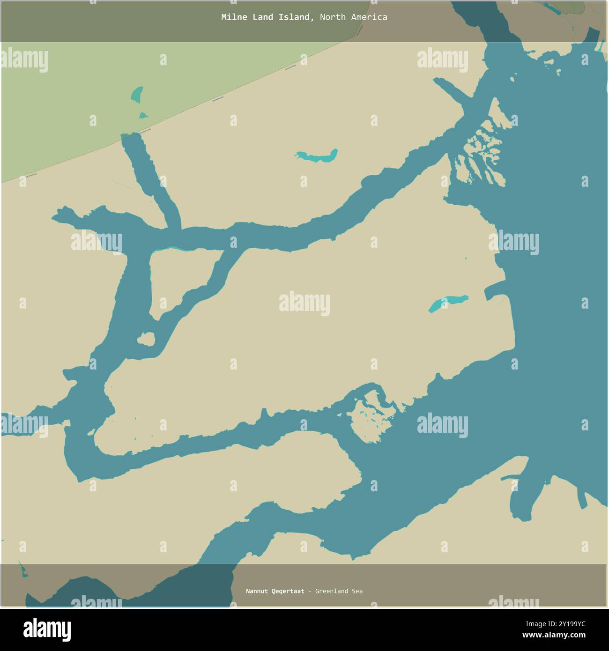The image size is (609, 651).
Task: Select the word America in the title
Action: pyautogui.click(x=369, y=17)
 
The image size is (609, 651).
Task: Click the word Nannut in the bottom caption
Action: pyautogui.click(x=257, y=591)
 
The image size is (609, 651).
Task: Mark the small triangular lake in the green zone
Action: pyautogui.click(x=143, y=115)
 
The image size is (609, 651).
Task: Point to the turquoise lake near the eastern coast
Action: pyautogui.click(x=448, y=303)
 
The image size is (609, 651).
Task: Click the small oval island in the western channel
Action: pyautogui.click(x=146, y=339)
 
